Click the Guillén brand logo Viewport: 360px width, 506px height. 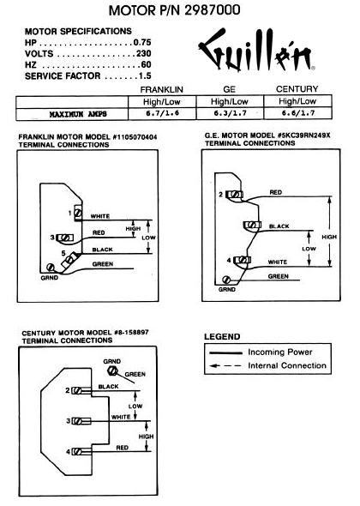[x=256, y=50]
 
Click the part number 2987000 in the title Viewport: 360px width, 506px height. [x=213, y=10]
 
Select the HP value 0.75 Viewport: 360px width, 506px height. [x=142, y=42]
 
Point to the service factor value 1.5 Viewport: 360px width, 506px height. [x=145, y=75]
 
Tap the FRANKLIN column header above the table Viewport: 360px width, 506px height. [x=162, y=89]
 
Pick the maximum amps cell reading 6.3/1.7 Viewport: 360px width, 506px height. [x=230, y=113]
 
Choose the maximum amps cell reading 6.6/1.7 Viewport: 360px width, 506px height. [x=297, y=113]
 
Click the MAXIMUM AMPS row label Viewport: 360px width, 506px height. [x=78, y=114]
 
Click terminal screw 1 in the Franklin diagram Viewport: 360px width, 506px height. [x=78, y=213]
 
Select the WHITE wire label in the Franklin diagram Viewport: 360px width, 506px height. [x=100, y=216]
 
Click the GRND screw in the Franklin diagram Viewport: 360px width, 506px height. [x=50, y=268]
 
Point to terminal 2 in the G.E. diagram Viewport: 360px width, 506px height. [x=235, y=195]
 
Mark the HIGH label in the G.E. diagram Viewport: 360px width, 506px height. [x=329, y=237]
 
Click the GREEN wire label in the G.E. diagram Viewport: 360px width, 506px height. [x=278, y=276]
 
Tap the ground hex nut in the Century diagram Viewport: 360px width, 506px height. [x=112, y=370]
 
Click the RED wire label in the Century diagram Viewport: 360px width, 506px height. [x=123, y=448]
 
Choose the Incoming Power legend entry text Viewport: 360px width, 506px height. [x=280, y=352]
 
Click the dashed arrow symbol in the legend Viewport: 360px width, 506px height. [x=225, y=366]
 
